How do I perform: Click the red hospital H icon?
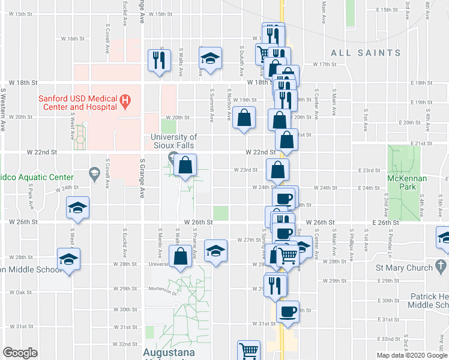(125, 100)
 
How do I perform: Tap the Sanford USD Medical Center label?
(77, 103)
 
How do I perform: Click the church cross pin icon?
(441, 265)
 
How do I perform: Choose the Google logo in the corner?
(20, 353)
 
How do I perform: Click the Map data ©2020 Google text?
(412, 355)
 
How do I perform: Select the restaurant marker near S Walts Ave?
(159, 59)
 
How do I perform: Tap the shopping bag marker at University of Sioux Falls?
(186, 164)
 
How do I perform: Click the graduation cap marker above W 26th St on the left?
(77, 208)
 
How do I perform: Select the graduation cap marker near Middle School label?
(69, 259)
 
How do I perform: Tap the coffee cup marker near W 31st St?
(288, 311)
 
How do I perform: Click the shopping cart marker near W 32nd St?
(249, 350)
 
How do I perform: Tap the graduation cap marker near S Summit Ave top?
(210, 59)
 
